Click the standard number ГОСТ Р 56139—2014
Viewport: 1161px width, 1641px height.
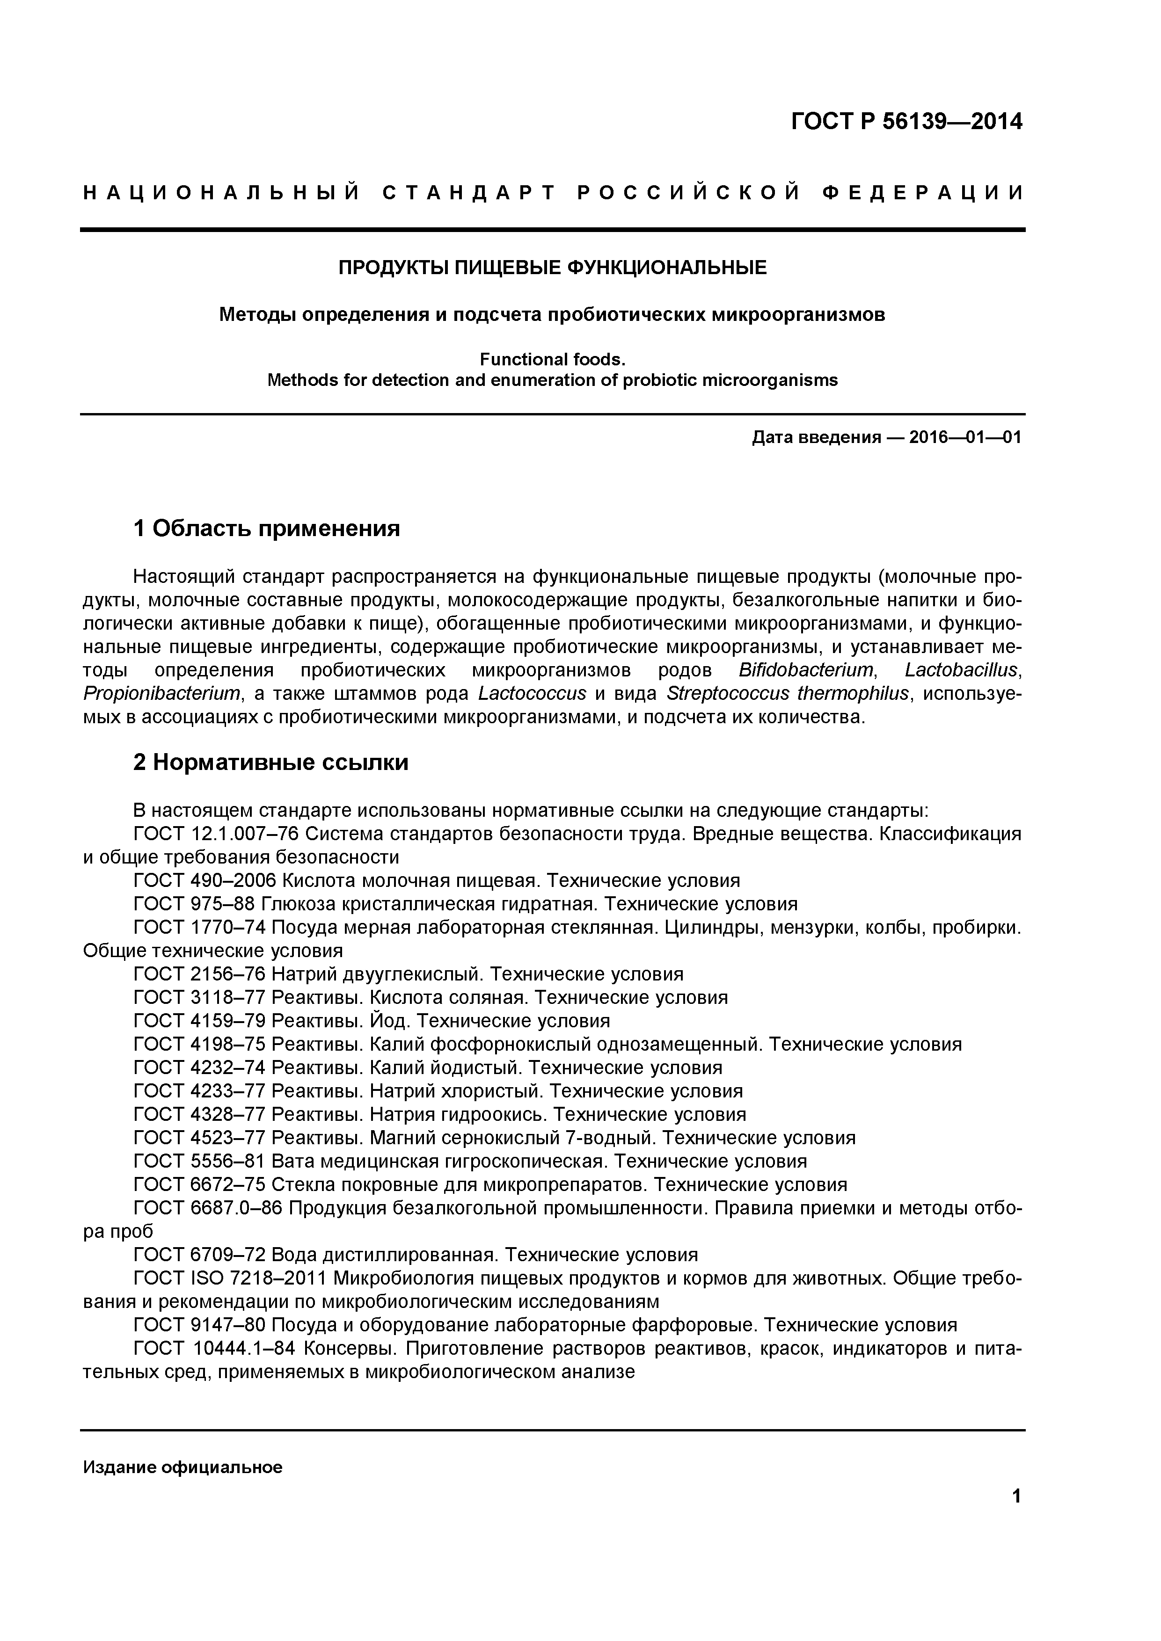906,122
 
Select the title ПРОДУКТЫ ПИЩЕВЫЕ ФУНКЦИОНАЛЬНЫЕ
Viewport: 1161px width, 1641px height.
552,268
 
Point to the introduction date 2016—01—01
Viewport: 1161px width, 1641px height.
964,437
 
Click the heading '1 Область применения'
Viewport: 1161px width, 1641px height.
266,529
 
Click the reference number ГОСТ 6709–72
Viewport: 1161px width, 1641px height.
199,1254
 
